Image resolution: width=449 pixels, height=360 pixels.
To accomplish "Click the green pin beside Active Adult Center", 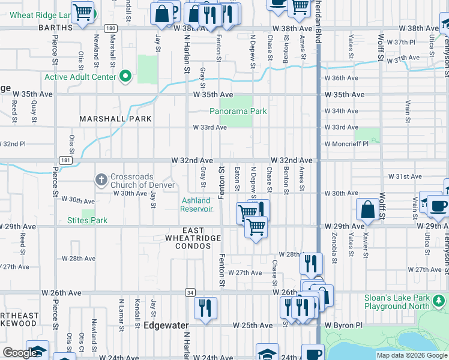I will point(125,76).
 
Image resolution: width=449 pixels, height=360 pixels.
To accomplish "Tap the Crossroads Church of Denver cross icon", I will point(101,179).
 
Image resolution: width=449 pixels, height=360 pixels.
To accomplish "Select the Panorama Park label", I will point(238,111).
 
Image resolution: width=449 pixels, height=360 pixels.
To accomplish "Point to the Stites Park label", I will point(88,220).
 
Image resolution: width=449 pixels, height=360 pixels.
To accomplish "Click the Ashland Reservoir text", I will point(197,205).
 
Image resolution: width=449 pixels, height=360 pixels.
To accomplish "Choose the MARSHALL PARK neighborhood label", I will point(112,119).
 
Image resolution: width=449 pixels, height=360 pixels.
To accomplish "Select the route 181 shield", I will point(63,160).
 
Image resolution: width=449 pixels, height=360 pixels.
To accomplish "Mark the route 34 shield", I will point(190,292).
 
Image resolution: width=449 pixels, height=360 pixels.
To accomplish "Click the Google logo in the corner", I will point(19,353).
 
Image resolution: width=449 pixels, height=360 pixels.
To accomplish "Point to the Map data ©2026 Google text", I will point(411,355).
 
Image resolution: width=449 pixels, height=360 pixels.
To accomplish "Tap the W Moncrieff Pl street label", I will point(346,144).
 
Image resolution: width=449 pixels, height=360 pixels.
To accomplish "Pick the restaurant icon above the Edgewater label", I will point(206,308).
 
